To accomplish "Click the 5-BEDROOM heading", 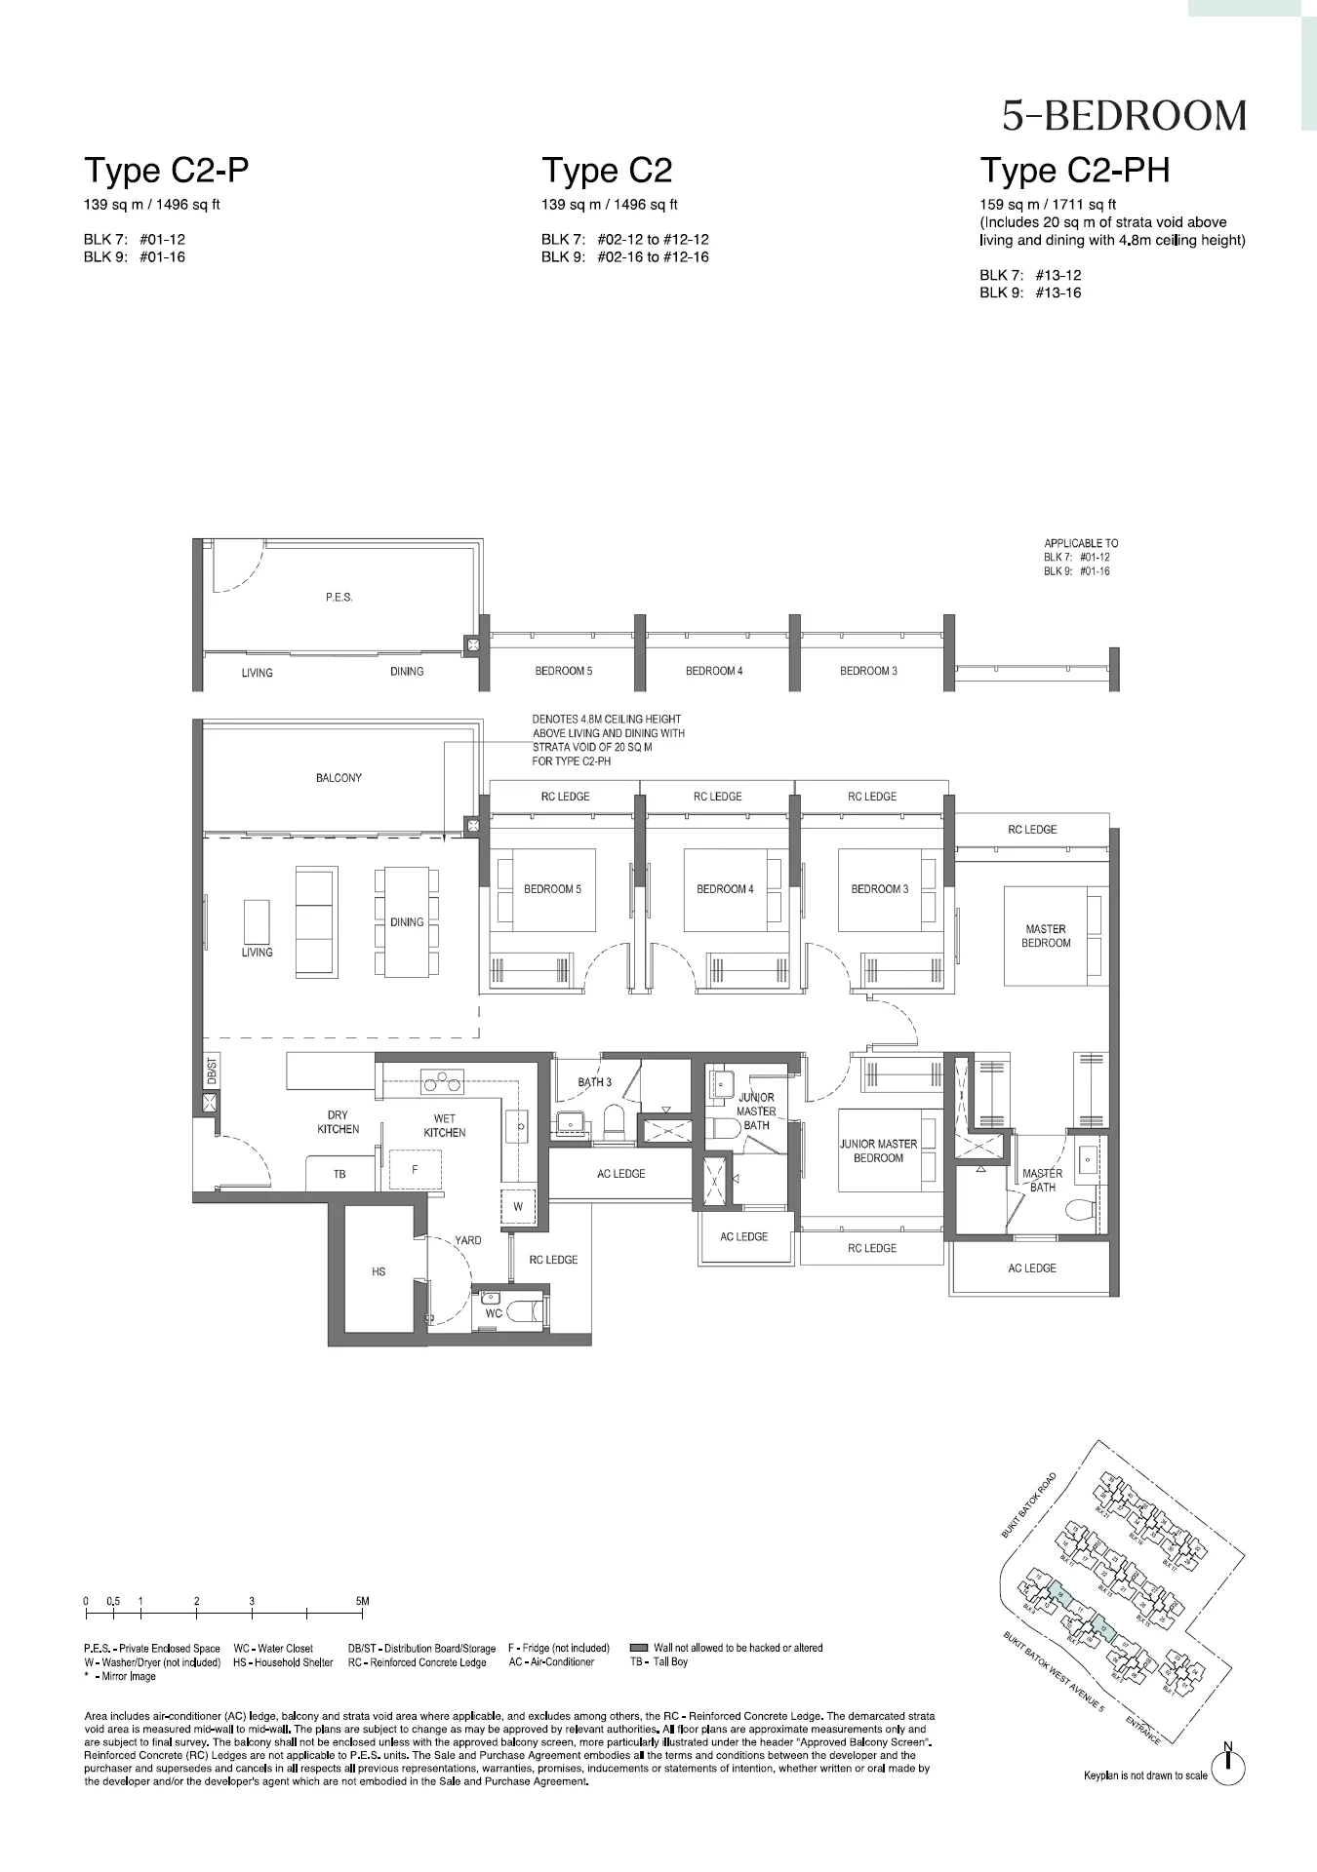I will [x=1124, y=116].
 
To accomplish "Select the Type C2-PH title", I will [x=1074, y=171].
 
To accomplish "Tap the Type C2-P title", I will [x=166, y=171].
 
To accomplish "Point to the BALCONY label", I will [x=339, y=778].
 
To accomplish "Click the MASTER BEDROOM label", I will [x=1046, y=936].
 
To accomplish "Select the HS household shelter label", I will [x=379, y=1271].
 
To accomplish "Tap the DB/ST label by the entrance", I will [x=212, y=1072].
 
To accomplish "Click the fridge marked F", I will [x=415, y=1169].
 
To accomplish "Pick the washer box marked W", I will [x=518, y=1206].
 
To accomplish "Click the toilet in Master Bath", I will [x=1081, y=1210].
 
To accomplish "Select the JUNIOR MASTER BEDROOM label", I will [x=878, y=1150].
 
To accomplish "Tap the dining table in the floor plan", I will [x=407, y=921].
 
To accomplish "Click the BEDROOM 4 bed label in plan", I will [x=725, y=889].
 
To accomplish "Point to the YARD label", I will [x=467, y=1240].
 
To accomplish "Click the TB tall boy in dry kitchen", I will [x=339, y=1174].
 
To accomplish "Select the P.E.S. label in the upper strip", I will [x=339, y=598].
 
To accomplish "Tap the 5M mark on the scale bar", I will [x=362, y=1601].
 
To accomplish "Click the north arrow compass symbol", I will [x=1228, y=1764].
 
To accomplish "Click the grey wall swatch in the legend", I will [x=639, y=1648].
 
